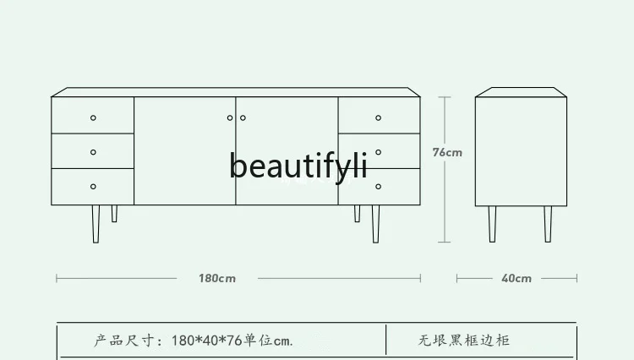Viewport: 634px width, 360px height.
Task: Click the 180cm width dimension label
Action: [217, 278]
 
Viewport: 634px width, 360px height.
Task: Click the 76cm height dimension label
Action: [447, 153]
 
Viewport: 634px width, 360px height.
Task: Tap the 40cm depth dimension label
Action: [516, 278]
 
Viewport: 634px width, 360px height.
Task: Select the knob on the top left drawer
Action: [93, 117]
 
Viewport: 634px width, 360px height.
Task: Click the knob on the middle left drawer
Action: [93, 152]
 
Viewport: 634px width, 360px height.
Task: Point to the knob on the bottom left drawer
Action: [93, 186]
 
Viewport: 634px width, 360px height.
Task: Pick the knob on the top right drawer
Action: [379, 117]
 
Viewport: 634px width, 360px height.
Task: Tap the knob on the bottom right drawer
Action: [379, 186]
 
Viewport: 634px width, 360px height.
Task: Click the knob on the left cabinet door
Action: [230, 117]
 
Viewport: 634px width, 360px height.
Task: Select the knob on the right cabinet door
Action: [243, 117]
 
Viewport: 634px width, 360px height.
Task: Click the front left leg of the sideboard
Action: [96, 223]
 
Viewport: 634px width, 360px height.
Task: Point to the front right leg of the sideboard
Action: [375, 223]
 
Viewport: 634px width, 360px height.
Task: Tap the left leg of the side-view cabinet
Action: [492, 223]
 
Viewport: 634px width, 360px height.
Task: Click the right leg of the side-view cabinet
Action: [548, 223]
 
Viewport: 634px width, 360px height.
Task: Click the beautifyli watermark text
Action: [298, 166]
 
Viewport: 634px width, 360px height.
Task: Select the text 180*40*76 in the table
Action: [206, 341]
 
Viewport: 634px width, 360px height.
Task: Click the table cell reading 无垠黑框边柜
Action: [463, 341]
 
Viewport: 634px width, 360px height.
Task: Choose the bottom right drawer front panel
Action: [397, 186]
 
